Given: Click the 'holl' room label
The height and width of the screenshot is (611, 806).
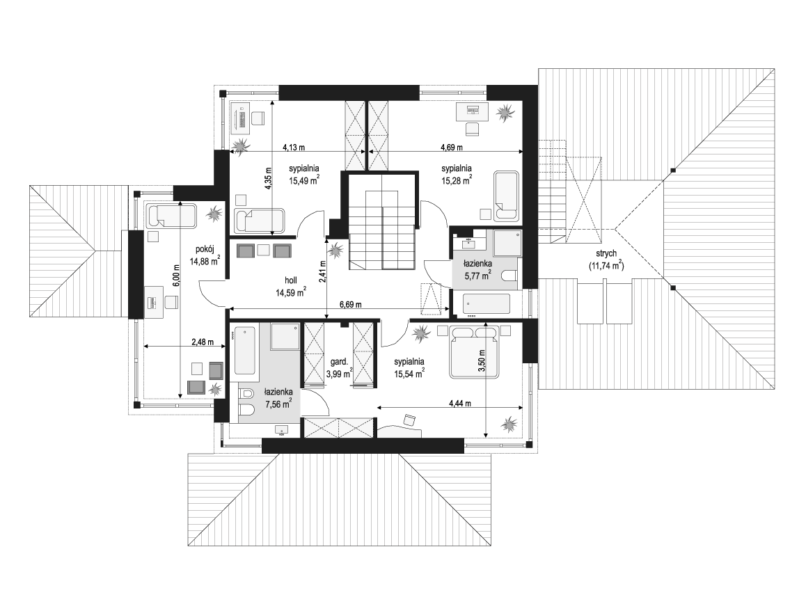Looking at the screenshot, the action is tap(291, 280).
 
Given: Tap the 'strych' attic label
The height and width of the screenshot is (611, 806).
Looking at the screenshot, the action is tap(606, 254).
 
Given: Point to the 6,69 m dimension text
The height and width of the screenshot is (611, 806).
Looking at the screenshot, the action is tap(350, 304).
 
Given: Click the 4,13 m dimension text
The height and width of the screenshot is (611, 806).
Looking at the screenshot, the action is tap(294, 148).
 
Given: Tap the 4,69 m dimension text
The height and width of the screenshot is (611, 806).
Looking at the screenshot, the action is tap(451, 148).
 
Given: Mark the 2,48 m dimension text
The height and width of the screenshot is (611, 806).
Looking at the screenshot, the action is tap(202, 342).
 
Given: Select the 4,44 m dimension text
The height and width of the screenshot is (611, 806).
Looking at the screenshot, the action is tap(459, 404).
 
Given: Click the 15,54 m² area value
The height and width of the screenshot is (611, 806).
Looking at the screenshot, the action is tap(409, 374).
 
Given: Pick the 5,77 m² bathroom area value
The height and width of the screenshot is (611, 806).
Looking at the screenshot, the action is tap(477, 275).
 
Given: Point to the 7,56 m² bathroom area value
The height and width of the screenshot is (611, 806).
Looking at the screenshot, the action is tap(278, 404).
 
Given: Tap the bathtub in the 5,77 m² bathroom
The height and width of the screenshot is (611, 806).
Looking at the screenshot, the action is tap(487, 303).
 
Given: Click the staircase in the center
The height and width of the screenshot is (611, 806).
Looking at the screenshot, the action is tap(382, 230).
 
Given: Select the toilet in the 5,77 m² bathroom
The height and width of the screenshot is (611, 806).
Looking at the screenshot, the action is tap(508, 276).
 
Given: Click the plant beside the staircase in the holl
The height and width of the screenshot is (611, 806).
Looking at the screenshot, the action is tap(336, 251).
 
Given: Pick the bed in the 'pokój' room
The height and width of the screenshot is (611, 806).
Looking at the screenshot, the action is tap(171, 216).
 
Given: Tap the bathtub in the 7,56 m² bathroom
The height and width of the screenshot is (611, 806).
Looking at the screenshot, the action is tap(244, 351).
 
